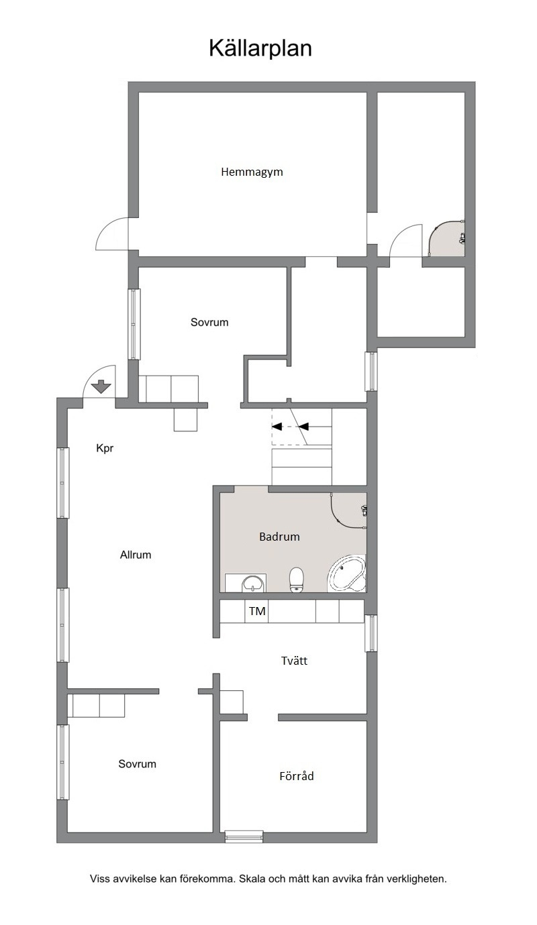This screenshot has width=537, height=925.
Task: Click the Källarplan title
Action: pyautogui.click(x=260, y=49)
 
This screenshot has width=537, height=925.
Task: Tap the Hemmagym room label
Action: pyautogui.click(x=252, y=172)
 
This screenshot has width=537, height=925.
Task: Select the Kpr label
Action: pyautogui.click(x=105, y=449)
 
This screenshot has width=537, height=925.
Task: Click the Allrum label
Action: pyautogui.click(x=136, y=555)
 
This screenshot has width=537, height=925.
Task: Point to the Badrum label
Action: pyautogui.click(x=279, y=537)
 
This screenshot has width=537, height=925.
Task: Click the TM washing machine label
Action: pyautogui.click(x=257, y=611)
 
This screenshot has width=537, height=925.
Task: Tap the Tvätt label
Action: pyautogui.click(x=294, y=661)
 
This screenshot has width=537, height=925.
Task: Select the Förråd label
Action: pyautogui.click(x=297, y=776)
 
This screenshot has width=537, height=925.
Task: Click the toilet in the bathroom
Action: pyautogui.click(x=297, y=580)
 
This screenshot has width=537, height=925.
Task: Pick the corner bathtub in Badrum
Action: pyautogui.click(x=346, y=574)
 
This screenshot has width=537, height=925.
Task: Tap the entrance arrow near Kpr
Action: pyautogui.click(x=101, y=386)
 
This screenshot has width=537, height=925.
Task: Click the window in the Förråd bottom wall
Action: pyautogui.click(x=244, y=837)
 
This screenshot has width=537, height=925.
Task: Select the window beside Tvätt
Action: pyautogui.click(x=371, y=633)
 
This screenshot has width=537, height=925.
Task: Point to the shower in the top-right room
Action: pyautogui.click(x=446, y=238)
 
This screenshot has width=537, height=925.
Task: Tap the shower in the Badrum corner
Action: pyautogui.click(x=348, y=510)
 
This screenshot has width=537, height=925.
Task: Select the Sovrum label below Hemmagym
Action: pyautogui.click(x=209, y=322)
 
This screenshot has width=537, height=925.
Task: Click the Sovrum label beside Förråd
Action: pyautogui.click(x=137, y=764)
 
